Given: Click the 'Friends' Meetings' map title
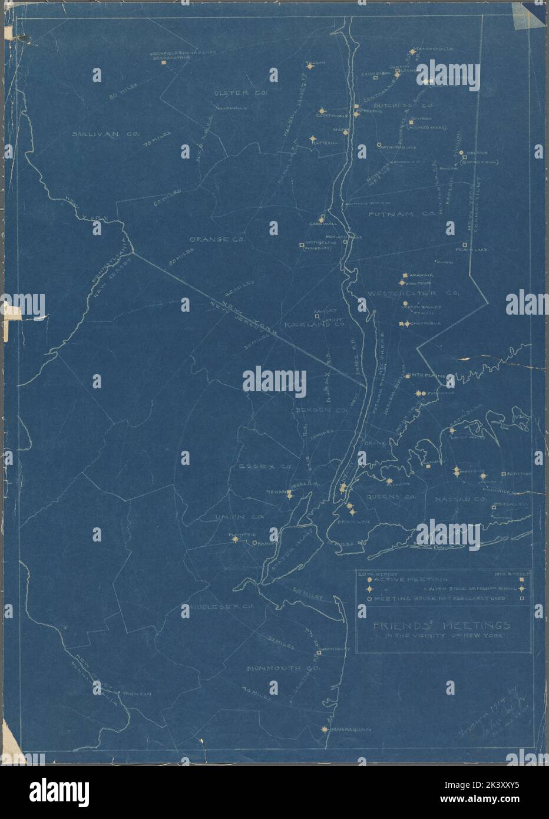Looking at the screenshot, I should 442,626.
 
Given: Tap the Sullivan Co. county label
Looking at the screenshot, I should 105,134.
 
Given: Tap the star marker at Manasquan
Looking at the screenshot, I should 325,729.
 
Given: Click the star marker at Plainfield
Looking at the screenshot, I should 235,539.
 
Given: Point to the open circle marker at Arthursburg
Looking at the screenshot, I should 379,145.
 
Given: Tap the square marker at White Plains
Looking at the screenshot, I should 406,375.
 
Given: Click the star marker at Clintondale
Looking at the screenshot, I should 322,111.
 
